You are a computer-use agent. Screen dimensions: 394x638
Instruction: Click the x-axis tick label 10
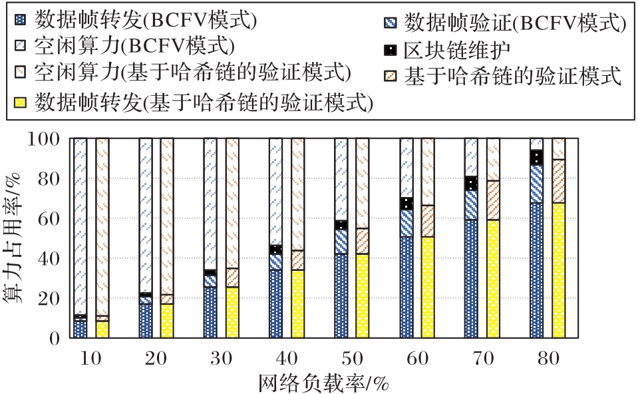(90, 360)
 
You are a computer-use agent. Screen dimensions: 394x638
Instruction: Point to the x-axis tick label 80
(548, 360)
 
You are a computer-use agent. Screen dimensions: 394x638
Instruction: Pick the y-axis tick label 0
(57, 338)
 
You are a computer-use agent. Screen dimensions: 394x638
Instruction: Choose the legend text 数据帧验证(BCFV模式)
(516, 24)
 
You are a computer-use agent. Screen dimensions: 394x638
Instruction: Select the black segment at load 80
(536, 158)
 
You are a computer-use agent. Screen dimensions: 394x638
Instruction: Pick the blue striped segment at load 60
(406, 223)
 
